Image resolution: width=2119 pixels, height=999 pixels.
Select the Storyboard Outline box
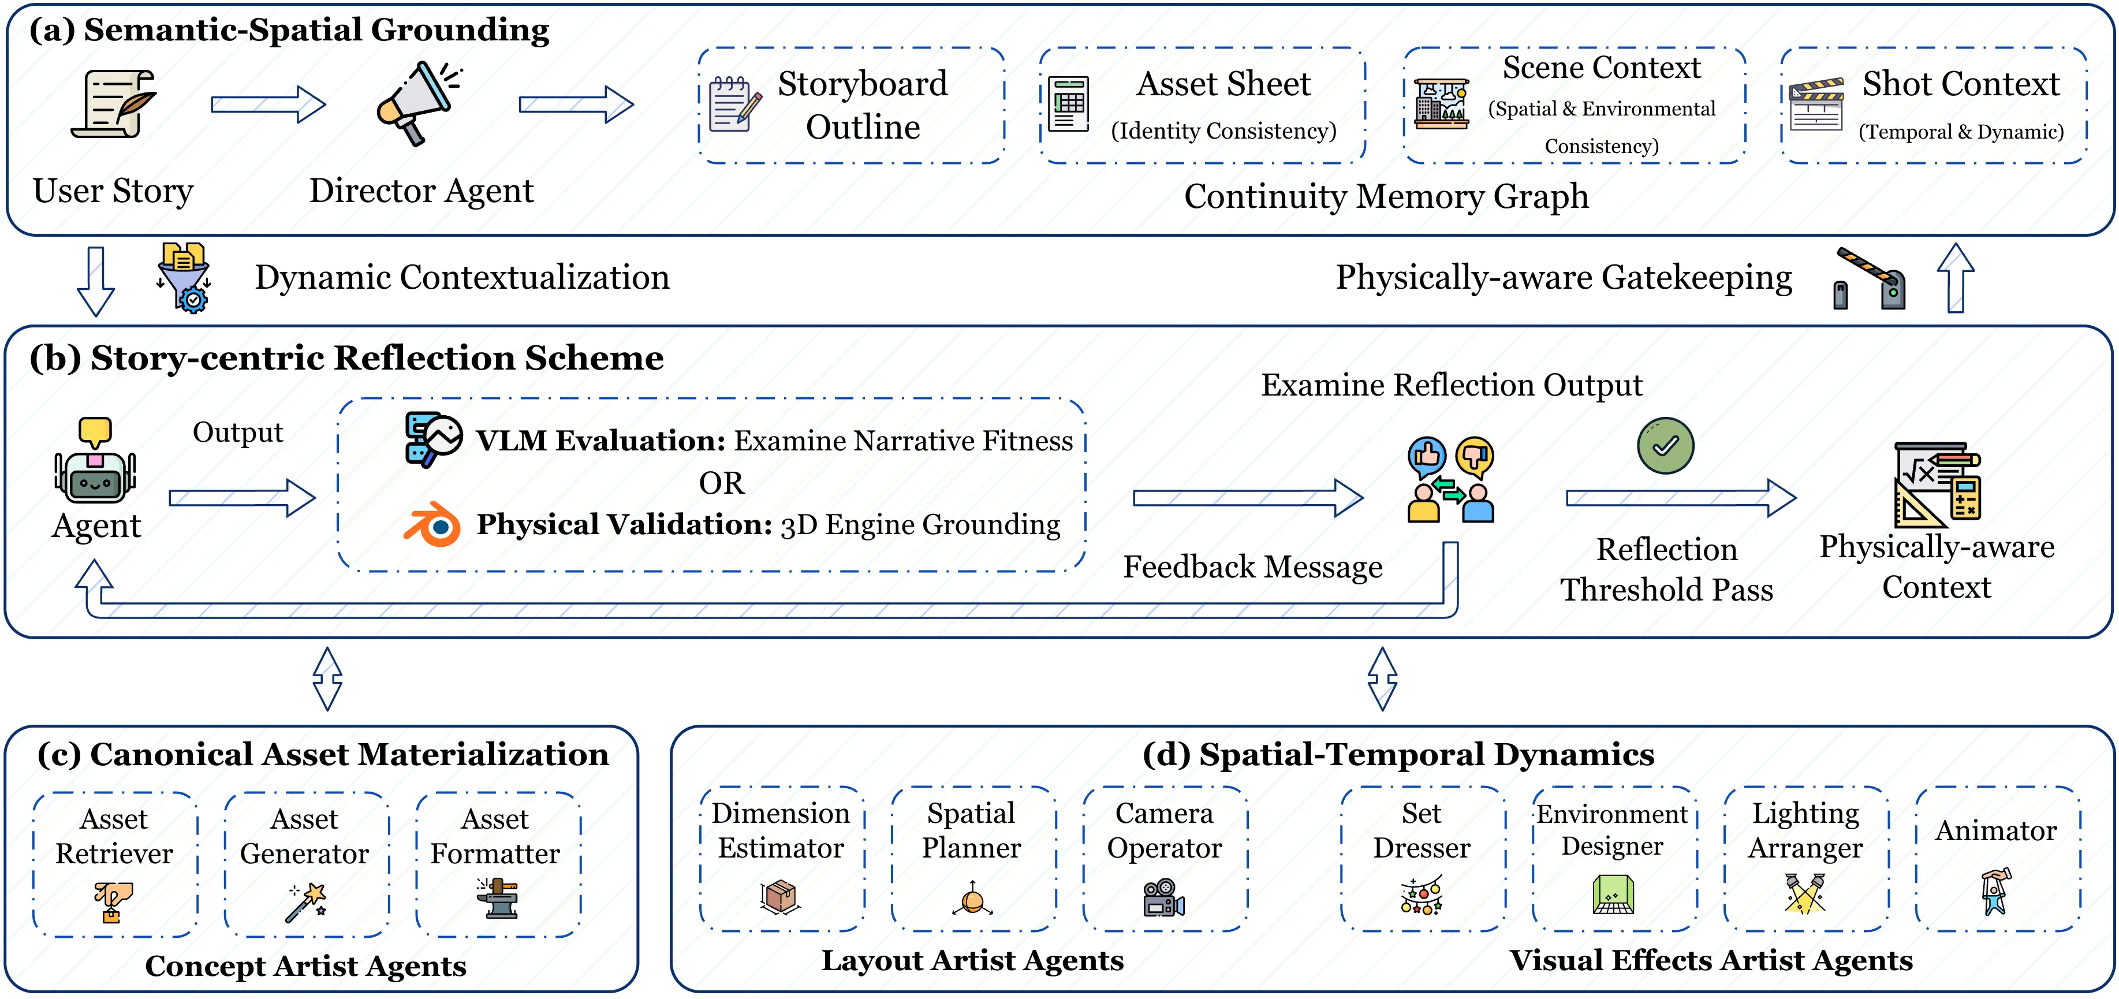pos(852,105)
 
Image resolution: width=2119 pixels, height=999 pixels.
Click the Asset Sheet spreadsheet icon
pos(1069,105)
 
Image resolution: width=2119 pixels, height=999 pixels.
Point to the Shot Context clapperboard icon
pos(1816,105)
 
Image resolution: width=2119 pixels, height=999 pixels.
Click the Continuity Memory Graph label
pos(1386,196)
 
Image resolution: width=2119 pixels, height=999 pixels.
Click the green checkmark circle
pos(1665,446)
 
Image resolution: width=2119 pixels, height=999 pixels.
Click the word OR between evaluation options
pos(721,483)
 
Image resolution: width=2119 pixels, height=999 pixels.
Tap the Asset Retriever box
pos(115,863)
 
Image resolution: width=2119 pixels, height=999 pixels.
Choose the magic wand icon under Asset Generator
pos(306,903)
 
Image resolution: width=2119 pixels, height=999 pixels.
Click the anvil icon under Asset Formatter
pos(497,898)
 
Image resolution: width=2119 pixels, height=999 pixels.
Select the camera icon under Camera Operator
pos(1164,898)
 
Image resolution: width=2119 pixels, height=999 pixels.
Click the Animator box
pos(1997,858)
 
